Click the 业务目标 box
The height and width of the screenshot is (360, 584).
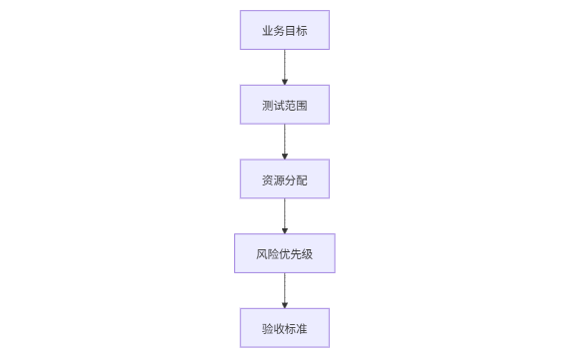[284, 30]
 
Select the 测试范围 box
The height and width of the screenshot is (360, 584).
[284, 105]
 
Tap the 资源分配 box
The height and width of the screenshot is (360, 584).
[284, 180]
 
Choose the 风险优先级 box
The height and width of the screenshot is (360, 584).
[284, 253]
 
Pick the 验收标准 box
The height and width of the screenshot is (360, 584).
[284, 328]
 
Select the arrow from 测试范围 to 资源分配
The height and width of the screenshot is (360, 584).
[284, 141]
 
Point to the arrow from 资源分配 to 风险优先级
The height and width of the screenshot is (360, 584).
[284, 215]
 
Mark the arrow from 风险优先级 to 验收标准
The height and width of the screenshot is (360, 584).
[284, 289]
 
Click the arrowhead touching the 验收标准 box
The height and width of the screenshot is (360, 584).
[284, 304]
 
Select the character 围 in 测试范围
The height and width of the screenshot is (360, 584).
[302, 105]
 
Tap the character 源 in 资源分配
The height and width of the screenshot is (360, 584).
[279, 180]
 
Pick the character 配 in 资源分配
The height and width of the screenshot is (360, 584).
[302, 180]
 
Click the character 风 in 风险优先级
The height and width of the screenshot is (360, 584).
[261, 253]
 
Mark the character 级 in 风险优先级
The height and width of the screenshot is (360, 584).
[308, 253]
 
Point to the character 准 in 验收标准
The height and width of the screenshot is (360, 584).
[302, 328]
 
